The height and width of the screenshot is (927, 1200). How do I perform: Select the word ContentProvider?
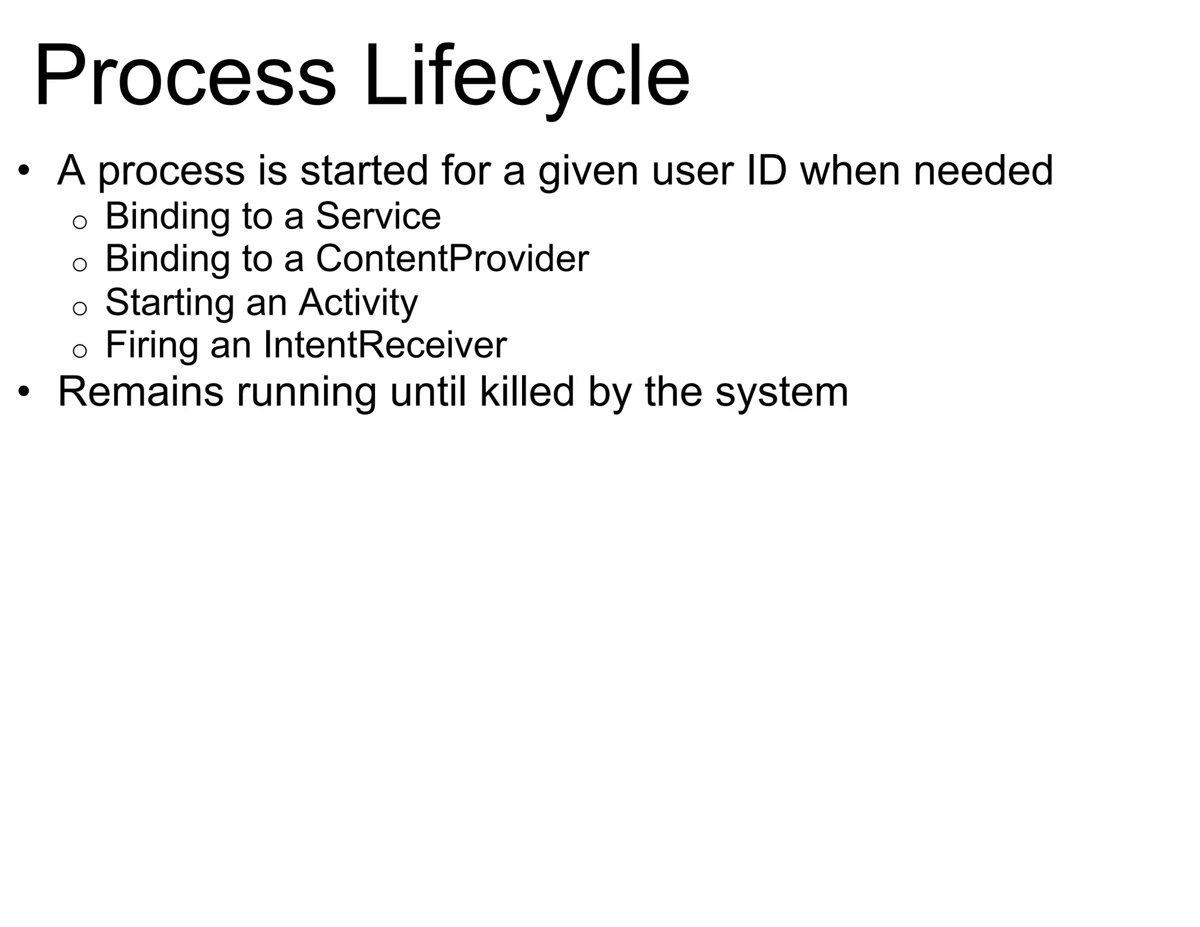452,258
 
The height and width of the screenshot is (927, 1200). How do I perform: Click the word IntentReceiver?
385,345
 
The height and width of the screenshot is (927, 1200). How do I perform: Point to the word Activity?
358,302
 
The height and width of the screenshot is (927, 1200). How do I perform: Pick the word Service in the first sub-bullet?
378,216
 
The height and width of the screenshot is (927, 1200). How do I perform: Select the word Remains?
141,391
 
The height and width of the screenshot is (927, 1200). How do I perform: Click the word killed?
527,391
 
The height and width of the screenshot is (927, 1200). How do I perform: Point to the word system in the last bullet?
782,393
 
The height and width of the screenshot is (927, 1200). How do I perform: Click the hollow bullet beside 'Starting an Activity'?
80,308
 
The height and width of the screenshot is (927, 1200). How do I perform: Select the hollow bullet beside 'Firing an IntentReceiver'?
80,350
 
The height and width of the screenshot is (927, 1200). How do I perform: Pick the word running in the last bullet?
306,393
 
